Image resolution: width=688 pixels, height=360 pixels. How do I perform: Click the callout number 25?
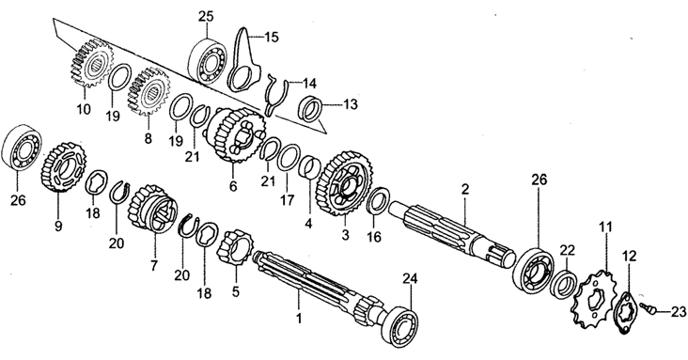[206, 17]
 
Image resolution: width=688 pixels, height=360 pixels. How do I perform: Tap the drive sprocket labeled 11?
[591, 298]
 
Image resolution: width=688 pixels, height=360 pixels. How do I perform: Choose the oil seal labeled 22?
[565, 283]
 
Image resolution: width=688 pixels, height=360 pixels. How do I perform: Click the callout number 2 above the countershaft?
[465, 189]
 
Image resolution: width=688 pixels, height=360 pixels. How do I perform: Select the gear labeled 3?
[345, 183]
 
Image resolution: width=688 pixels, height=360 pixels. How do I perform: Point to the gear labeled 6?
[235, 133]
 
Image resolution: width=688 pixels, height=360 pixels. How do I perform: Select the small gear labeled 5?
[235, 249]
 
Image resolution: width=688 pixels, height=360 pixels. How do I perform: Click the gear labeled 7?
[153, 210]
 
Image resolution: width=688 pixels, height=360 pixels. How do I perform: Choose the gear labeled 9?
[64, 167]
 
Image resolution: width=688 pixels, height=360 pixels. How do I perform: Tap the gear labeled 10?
[91, 63]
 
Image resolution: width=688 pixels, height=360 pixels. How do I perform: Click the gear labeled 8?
[149, 92]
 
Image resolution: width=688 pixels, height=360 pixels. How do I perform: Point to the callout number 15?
[272, 37]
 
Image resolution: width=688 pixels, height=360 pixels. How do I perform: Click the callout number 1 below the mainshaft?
[299, 319]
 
